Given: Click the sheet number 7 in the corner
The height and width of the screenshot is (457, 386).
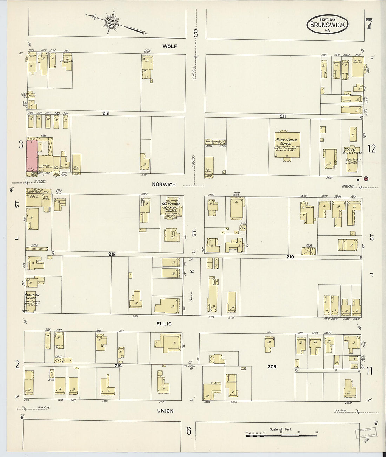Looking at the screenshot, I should pyautogui.click(x=368, y=25).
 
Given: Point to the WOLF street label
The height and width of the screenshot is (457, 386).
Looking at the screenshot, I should pyautogui.click(x=169, y=46).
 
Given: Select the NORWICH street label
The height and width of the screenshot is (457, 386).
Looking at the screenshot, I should pyautogui.click(x=164, y=184).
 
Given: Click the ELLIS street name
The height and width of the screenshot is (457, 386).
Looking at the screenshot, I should pyautogui.click(x=164, y=324).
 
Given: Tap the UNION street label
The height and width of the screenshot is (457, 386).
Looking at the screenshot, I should pyautogui.click(x=165, y=411).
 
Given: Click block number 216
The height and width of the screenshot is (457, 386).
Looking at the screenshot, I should pyautogui.click(x=106, y=113).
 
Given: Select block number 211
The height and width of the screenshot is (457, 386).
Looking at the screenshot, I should pyautogui.click(x=283, y=116).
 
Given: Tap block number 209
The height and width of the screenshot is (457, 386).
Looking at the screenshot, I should pyautogui.click(x=272, y=367).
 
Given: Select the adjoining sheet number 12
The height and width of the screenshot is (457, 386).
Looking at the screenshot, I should pyautogui.click(x=372, y=148).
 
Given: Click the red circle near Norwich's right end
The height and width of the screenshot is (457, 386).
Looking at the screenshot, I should pyautogui.click(x=366, y=179).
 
